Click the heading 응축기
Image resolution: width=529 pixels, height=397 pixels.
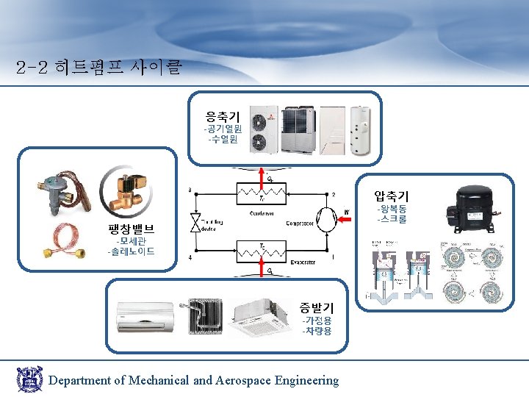click(x=222, y=115)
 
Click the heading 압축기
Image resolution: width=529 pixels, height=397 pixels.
click(x=391, y=196)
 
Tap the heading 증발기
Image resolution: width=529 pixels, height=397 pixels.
click(x=316, y=307)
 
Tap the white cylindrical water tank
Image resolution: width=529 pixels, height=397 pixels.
click(x=359, y=131)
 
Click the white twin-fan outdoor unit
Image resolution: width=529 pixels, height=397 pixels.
click(x=262, y=130)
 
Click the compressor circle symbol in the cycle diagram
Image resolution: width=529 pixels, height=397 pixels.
click(x=325, y=223)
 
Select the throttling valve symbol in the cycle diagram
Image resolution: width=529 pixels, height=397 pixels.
click(x=195, y=223)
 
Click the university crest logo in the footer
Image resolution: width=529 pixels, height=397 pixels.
click(x=29, y=379)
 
